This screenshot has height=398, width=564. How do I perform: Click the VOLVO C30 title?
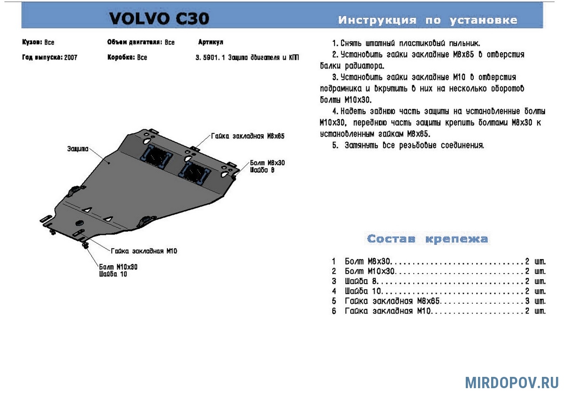[x=159, y=18]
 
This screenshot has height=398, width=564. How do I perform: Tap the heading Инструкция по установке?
[x=428, y=20]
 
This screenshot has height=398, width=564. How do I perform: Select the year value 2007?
[x=71, y=58]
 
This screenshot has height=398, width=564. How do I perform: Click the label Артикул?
[x=211, y=42]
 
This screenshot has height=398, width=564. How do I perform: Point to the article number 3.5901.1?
[x=210, y=58]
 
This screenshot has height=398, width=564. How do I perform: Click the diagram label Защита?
[x=78, y=149]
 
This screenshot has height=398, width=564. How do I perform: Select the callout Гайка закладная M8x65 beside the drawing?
[x=248, y=136]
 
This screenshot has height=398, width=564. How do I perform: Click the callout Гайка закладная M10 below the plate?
[x=144, y=251]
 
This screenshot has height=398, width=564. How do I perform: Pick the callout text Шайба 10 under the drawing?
[x=113, y=274]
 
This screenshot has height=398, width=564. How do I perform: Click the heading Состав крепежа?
[x=428, y=238]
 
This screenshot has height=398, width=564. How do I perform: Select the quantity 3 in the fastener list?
[x=527, y=301]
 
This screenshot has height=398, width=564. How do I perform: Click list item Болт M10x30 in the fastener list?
[x=369, y=271]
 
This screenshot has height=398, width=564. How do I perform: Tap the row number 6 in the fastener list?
[x=334, y=311]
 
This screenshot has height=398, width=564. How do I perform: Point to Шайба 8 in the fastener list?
[x=360, y=281]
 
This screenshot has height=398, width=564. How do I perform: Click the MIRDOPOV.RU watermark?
[x=512, y=383]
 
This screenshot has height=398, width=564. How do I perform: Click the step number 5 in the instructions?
[x=335, y=145]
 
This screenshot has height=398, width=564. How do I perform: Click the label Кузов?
[x=32, y=42]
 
